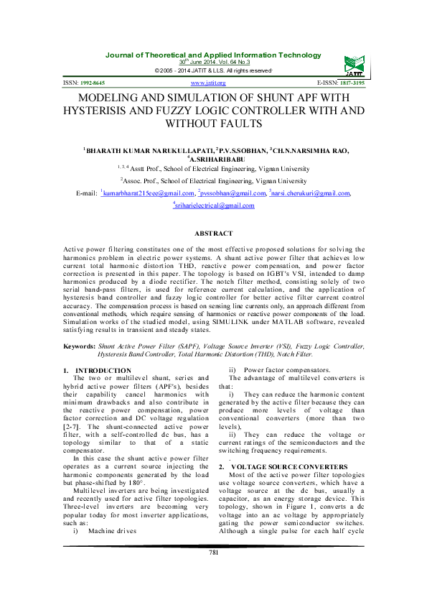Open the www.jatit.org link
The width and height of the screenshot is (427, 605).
point(213,83)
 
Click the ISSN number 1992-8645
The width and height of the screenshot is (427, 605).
point(93,83)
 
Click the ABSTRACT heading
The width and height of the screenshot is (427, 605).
point(213,234)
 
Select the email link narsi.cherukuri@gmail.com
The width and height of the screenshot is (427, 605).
point(310,193)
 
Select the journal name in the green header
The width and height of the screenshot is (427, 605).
point(213,55)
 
